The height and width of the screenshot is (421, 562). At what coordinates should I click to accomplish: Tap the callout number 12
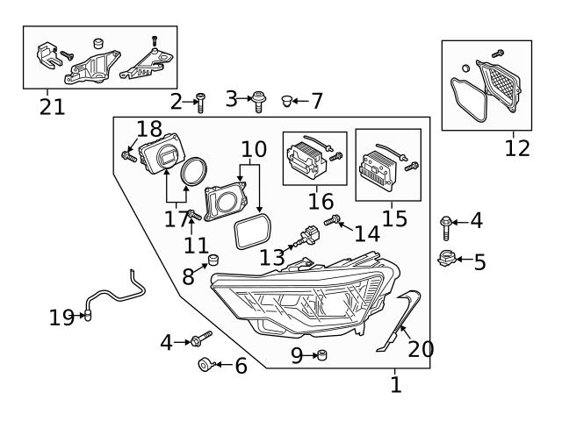pos(517,148)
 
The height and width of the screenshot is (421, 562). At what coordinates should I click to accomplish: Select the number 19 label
pos(61,318)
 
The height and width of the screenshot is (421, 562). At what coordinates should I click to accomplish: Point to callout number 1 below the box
pos(395,384)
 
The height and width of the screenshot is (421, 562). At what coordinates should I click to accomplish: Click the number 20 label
pos(421,349)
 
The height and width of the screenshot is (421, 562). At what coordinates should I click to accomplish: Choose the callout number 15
pos(394,218)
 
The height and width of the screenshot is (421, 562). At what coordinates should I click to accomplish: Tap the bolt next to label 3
pos(259,101)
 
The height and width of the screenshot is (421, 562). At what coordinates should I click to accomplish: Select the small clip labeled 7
pos(286,102)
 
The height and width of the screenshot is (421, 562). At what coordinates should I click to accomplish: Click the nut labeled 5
pos(445,258)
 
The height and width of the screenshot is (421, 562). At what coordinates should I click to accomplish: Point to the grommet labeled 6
pos(204,364)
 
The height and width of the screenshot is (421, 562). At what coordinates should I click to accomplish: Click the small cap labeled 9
pos(322,354)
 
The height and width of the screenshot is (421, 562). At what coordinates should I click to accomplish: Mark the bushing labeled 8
pos(212,260)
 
